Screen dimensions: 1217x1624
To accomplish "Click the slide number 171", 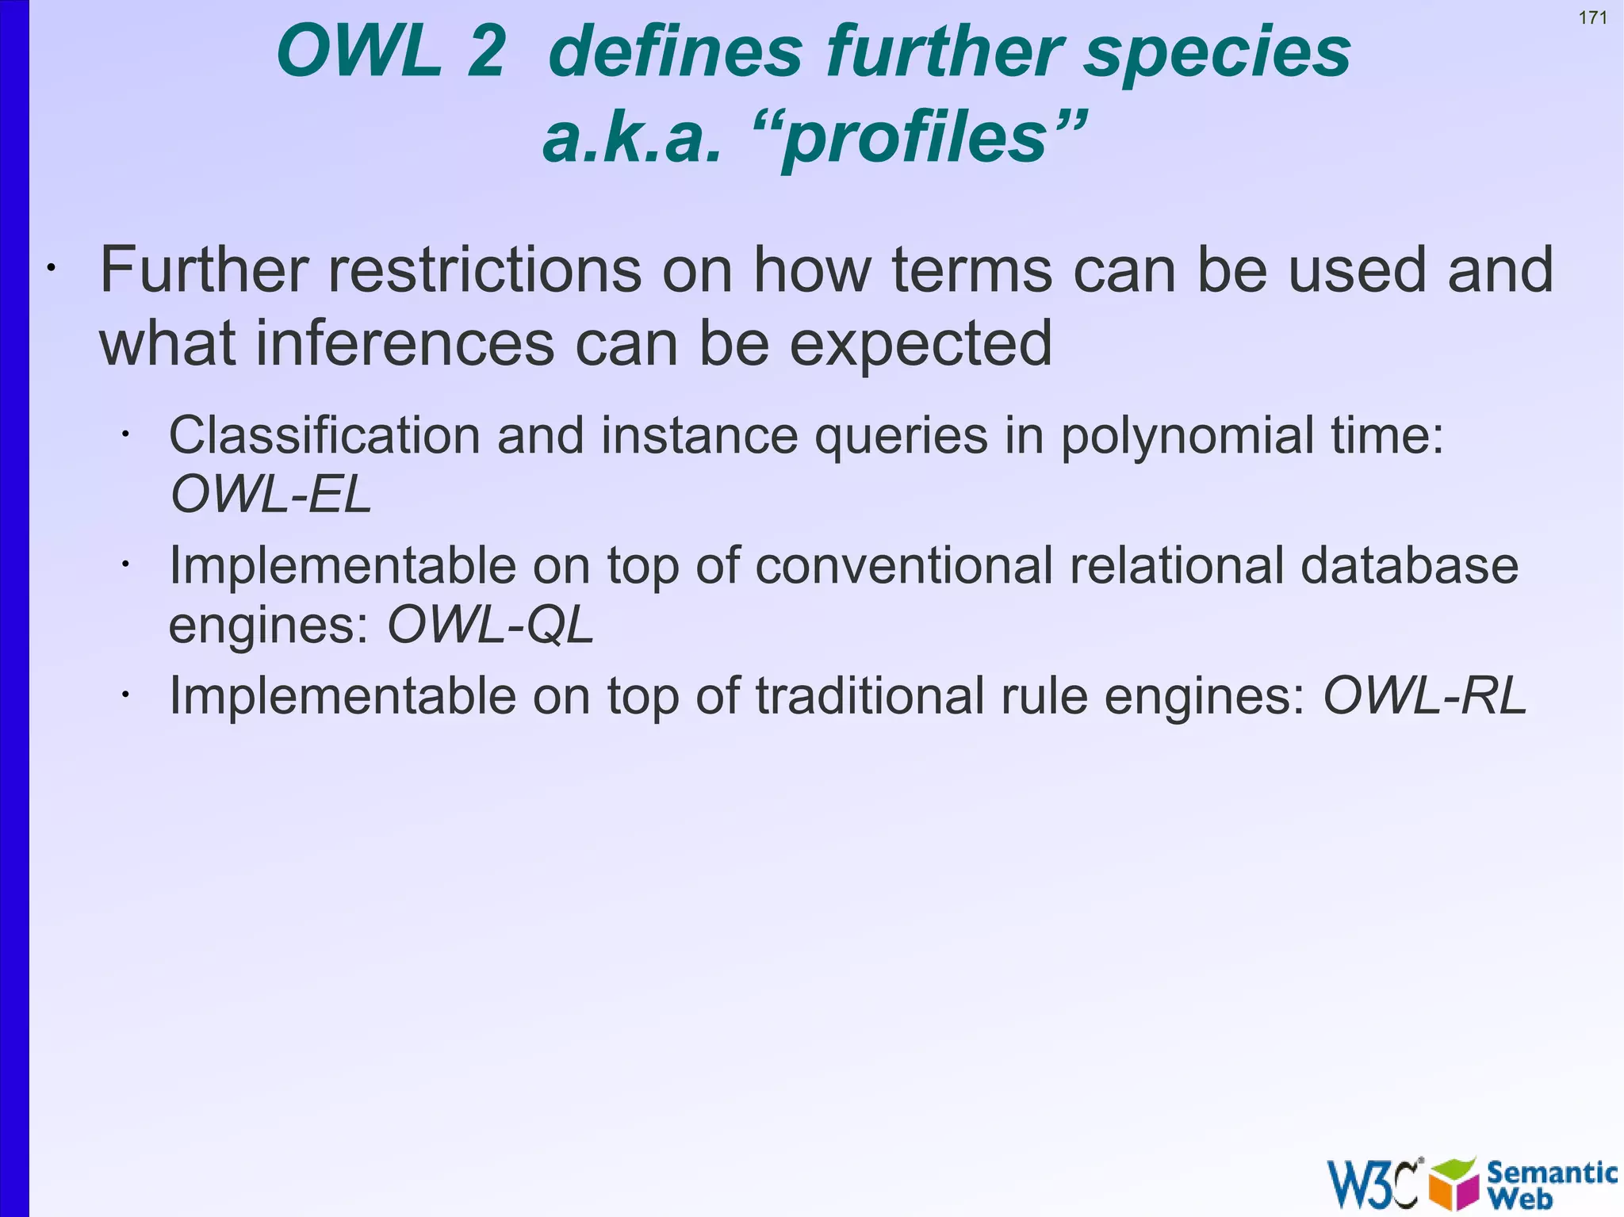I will point(1592,17).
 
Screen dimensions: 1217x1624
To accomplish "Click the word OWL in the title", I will point(358,52).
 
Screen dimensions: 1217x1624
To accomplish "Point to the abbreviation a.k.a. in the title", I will point(631,139).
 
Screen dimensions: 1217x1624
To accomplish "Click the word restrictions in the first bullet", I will point(485,270).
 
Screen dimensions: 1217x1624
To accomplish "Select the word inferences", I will point(404,343).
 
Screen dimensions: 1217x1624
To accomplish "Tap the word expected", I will point(921,345).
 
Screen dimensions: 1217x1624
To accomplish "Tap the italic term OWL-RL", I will point(1424,696).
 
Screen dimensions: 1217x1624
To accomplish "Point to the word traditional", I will point(869,696).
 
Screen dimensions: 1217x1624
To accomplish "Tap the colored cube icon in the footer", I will point(1454,1184).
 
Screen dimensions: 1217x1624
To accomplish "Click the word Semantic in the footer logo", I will point(1551,1172).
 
